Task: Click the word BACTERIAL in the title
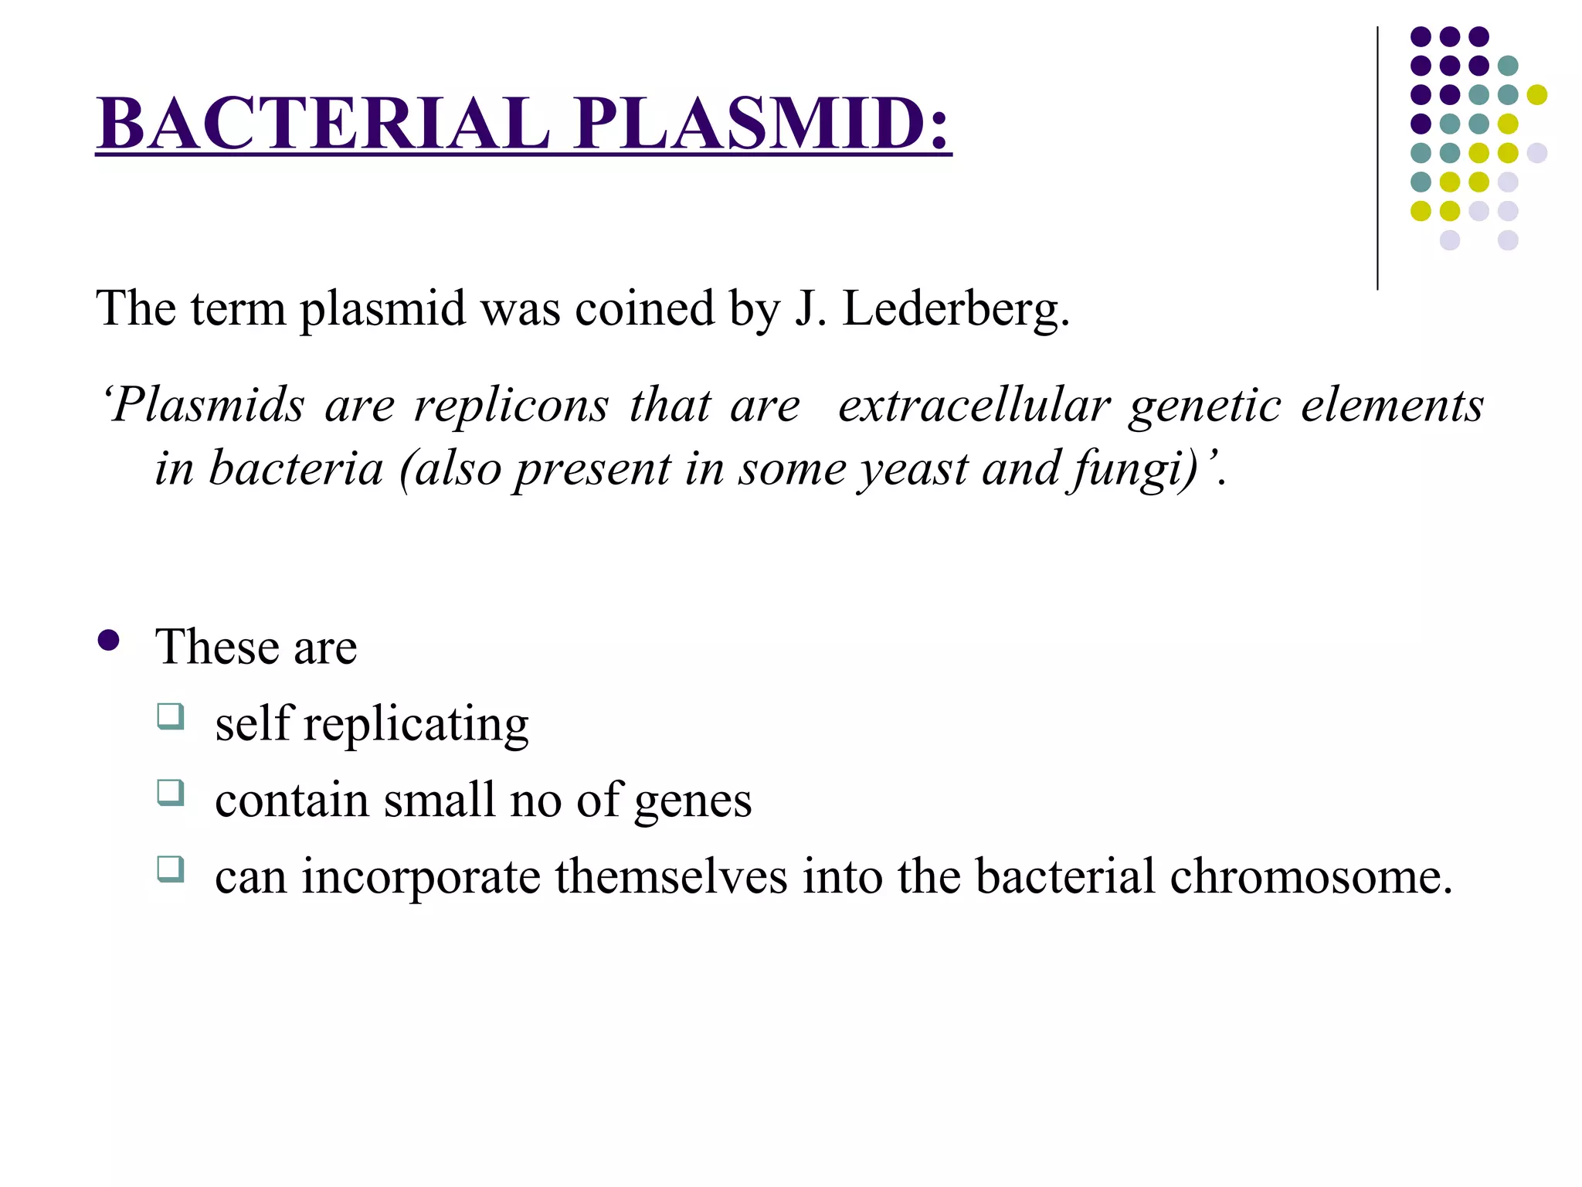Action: [323, 124]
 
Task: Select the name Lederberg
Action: [956, 309]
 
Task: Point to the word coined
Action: [644, 309]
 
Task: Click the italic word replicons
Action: [511, 406]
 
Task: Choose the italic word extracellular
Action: [974, 406]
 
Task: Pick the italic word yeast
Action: [914, 469]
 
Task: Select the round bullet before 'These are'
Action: [109, 641]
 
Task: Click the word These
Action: [216, 647]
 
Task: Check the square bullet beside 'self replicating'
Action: [171, 716]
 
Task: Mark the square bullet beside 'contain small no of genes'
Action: [171, 793]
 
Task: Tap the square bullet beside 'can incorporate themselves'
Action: [171, 869]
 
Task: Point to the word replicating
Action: [416, 725]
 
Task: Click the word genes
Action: [692, 801]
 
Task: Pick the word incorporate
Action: [421, 877]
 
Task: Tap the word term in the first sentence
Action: [237, 309]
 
